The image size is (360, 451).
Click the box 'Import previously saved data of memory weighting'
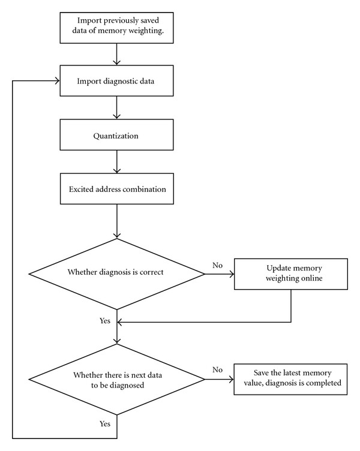click(x=116, y=28)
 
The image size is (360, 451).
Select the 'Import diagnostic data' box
click(x=116, y=80)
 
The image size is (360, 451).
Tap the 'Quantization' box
click(x=116, y=134)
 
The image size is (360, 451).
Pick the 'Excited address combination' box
click(x=117, y=189)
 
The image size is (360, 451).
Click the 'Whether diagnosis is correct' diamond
click(x=117, y=274)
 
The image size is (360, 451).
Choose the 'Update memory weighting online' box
click(x=291, y=274)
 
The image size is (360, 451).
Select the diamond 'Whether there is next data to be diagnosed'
click(x=117, y=380)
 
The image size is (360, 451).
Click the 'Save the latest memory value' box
click(x=290, y=379)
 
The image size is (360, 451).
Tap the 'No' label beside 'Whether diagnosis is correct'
click(x=218, y=265)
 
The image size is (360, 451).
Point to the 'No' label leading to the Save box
click(x=218, y=369)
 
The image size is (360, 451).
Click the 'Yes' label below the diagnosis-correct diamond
click(x=105, y=320)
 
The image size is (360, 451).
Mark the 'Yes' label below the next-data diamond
click(x=105, y=423)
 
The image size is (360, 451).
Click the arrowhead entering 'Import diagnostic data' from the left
click(x=57, y=81)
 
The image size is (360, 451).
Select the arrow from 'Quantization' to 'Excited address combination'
click(x=117, y=162)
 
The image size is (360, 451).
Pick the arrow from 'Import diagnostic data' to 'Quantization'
click(x=117, y=107)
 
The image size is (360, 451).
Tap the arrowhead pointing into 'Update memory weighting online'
click(x=232, y=274)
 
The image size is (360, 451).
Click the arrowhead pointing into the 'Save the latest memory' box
click(x=231, y=380)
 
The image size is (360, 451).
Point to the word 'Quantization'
click(x=116, y=136)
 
